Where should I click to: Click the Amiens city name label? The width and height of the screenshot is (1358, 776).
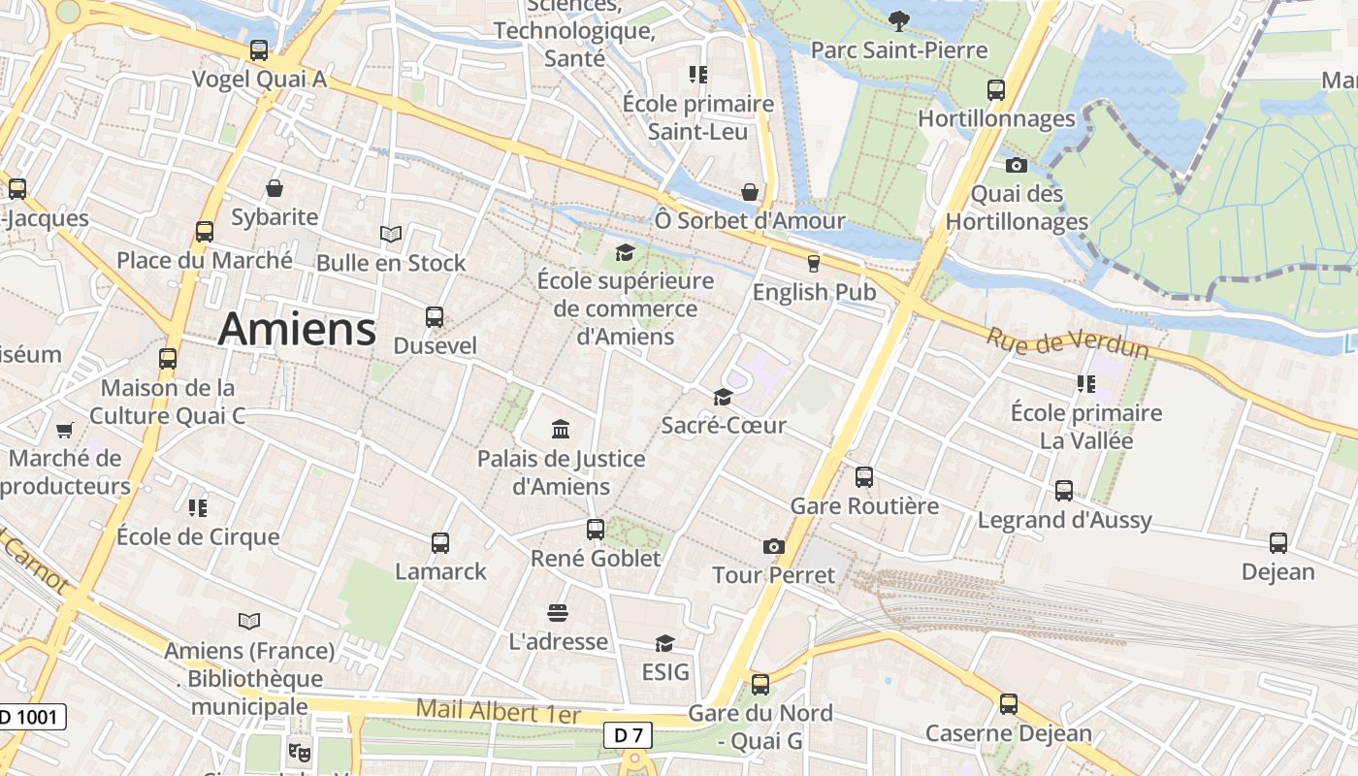pyautogui.click(x=297, y=329)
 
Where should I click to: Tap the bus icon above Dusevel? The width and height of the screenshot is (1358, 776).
pyautogui.click(x=435, y=316)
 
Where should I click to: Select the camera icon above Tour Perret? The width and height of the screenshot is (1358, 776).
pyautogui.click(x=773, y=546)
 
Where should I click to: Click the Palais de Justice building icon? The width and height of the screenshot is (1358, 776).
pyautogui.click(x=561, y=429)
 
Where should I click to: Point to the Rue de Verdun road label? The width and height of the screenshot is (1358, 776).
pyautogui.click(x=1067, y=342)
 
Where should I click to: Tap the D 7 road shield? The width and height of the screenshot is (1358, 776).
pyautogui.click(x=629, y=735)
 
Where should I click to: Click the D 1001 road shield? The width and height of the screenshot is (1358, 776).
pyautogui.click(x=31, y=718)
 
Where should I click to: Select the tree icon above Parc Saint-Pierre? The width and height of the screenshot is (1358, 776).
pyautogui.click(x=899, y=19)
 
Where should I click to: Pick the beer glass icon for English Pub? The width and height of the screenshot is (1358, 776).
pyautogui.click(x=814, y=263)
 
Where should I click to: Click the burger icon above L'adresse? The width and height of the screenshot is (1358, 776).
pyautogui.click(x=557, y=612)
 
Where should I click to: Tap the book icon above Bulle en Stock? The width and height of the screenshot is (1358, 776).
pyautogui.click(x=390, y=234)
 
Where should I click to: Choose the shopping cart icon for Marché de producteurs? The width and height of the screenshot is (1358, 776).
pyautogui.click(x=65, y=429)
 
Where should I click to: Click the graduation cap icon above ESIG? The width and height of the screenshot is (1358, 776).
pyautogui.click(x=664, y=643)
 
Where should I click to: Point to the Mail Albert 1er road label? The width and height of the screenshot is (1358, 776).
pyautogui.click(x=498, y=711)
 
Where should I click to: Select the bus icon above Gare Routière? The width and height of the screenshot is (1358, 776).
pyautogui.click(x=864, y=476)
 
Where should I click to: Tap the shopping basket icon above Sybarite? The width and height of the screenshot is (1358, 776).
pyautogui.click(x=275, y=187)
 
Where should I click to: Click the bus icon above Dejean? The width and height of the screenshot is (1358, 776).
pyautogui.click(x=1278, y=542)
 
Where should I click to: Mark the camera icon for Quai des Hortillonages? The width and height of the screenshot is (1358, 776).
pyautogui.click(x=1016, y=165)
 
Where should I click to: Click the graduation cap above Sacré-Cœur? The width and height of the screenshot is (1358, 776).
pyautogui.click(x=723, y=396)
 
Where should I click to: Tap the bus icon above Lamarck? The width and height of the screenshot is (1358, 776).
pyautogui.click(x=440, y=542)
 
